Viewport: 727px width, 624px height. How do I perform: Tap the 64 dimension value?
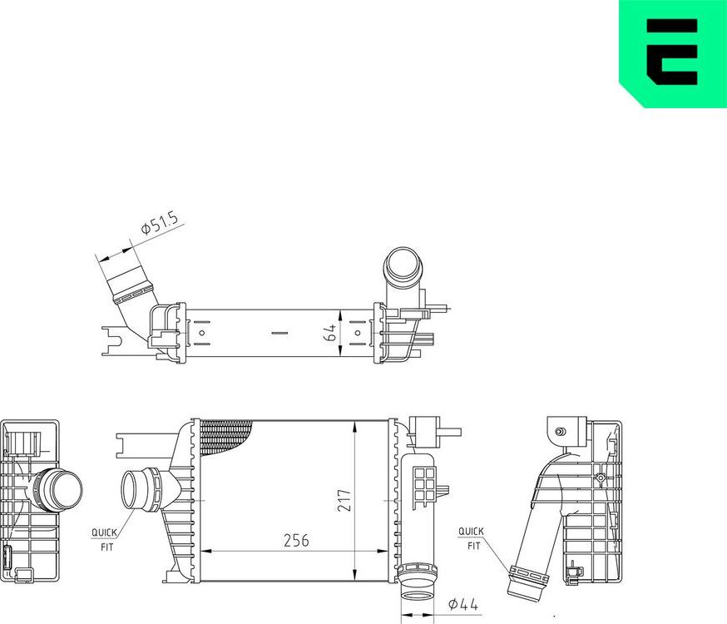331,333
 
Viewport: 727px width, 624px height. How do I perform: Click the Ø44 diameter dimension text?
462,605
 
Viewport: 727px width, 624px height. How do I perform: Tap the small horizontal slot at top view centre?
279,333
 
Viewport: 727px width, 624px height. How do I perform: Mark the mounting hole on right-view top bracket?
560,431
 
